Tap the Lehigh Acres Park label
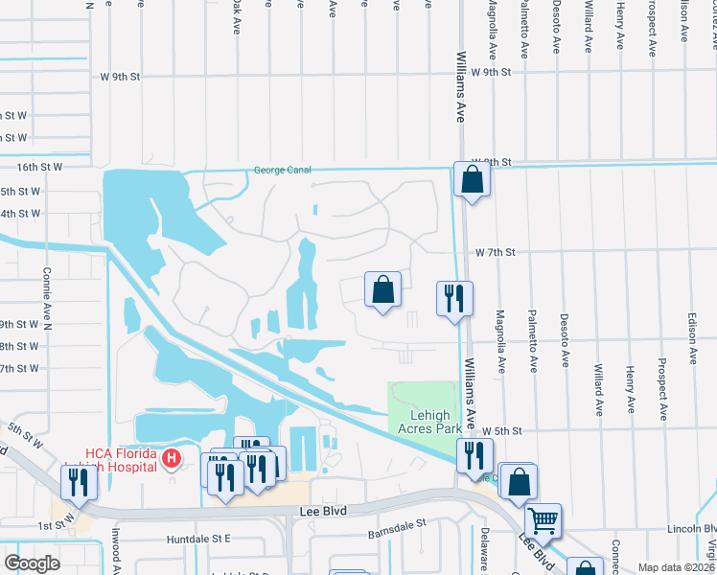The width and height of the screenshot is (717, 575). coord(424,423)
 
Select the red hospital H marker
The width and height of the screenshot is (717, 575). coord(171,459)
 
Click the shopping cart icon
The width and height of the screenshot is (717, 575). coord(544,520)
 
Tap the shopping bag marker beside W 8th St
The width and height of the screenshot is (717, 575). coord(473,179)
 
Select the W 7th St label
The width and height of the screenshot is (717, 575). coord(496,253)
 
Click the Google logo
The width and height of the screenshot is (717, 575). coord(33,563)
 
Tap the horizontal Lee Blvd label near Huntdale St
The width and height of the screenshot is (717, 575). coord(321,513)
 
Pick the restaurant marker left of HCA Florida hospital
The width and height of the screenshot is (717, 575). coord(78,482)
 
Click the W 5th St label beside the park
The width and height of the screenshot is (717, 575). coord(503,432)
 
